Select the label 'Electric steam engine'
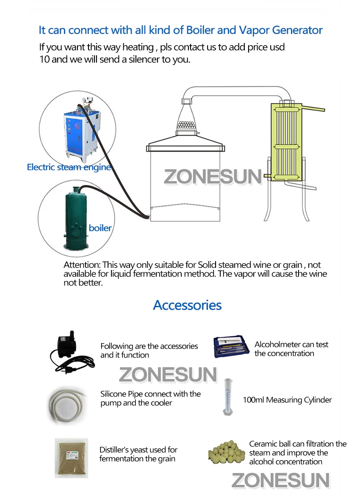(69, 167)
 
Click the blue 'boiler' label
(100, 228)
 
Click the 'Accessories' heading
(187, 305)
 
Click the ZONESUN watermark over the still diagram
(213, 176)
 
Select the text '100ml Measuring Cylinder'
(287, 400)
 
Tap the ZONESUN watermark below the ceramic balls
(280, 481)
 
